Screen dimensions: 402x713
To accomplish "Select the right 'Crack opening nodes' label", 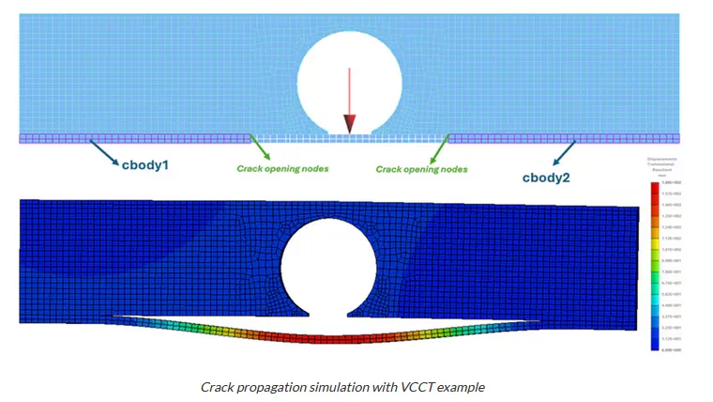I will pos(421,169).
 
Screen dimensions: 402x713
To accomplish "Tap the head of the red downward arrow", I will pos(349,125).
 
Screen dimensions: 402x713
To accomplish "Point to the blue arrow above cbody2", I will pos(566,154).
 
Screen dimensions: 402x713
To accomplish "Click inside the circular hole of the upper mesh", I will pos(349,80).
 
